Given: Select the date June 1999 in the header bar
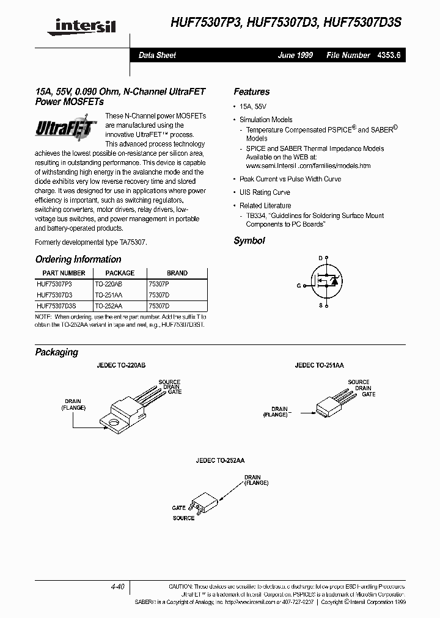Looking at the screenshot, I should [x=296, y=55].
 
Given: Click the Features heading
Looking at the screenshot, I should [x=251, y=92].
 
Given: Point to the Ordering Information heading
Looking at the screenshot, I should [x=78, y=260].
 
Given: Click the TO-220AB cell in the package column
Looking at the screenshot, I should [x=109, y=285].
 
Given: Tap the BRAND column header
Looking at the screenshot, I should [x=177, y=273].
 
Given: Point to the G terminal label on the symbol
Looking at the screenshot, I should [x=299, y=286].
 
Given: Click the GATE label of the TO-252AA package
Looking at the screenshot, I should [x=178, y=507].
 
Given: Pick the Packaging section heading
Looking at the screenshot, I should [x=57, y=352].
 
